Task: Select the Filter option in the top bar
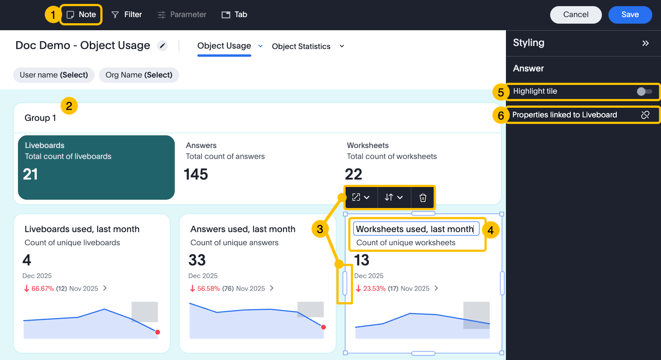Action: coord(127,14)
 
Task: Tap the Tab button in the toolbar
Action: coord(234,14)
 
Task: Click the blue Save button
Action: coord(630,14)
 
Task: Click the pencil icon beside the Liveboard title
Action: coord(163,46)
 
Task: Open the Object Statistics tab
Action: coord(301,46)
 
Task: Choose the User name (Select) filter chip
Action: coord(54,75)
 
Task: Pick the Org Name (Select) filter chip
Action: coord(139,75)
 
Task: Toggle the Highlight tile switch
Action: coord(644,92)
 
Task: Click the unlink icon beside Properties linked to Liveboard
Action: coord(645,115)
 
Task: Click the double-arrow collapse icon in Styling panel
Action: coord(645,43)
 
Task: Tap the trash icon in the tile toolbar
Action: coord(423,198)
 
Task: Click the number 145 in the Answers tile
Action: coord(196,174)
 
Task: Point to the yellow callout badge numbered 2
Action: coord(69,106)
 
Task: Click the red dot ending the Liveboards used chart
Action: coord(158,332)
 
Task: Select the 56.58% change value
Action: coord(209,289)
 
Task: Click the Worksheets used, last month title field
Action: coord(415,229)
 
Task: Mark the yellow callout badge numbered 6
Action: coord(501,115)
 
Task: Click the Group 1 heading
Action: coord(40,118)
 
